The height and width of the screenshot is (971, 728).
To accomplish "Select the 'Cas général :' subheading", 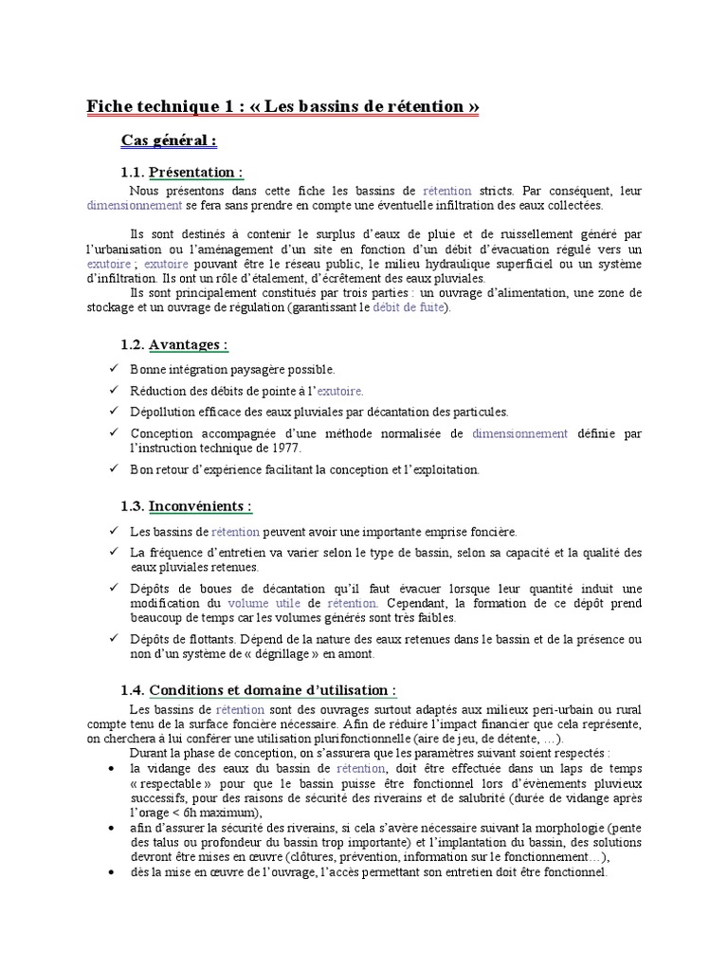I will coord(169,140).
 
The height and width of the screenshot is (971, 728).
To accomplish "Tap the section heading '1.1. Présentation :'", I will coord(182,172).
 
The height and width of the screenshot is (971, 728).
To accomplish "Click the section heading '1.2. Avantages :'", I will coord(174,344).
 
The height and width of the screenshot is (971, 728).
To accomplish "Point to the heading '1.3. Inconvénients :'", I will coord(187,506).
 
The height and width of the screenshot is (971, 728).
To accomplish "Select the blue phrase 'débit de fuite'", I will coord(412,308).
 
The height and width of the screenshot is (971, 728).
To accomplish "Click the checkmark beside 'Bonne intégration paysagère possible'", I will coord(115,369).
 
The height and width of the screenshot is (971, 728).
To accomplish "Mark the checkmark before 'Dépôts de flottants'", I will coord(115,639).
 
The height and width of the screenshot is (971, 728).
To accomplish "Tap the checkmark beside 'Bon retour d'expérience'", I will coord(115,469).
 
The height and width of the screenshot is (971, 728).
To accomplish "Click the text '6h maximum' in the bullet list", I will coord(221,813).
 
